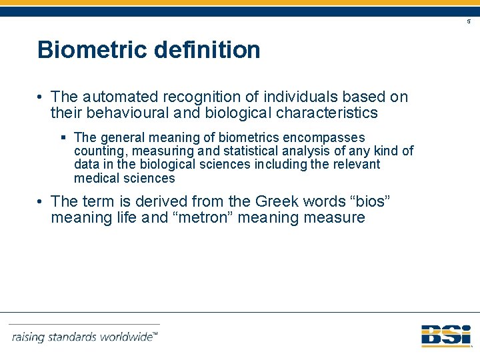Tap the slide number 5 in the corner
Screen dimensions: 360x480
coord(468,22)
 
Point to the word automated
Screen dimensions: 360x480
coord(117,97)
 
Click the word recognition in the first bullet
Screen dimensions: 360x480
coord(195,97)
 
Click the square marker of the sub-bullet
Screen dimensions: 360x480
coord(63,137)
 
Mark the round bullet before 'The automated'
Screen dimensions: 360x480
coord(41,97)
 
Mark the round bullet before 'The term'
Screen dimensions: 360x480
coord(41,201)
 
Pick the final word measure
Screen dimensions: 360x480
coord(335,218)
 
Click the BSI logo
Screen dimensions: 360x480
coord(445,335)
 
